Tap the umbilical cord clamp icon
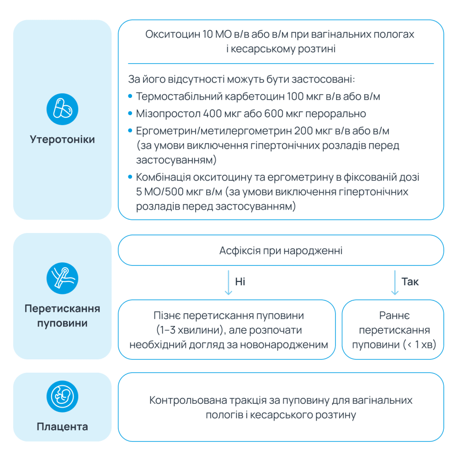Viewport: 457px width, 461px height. [63, 278]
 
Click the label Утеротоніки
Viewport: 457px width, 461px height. [63, 139]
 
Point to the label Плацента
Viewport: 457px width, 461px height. [63, 427]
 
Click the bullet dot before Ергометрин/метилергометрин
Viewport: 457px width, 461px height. [130, 131]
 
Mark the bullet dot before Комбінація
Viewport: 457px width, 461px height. [130, 177]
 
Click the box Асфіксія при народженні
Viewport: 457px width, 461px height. [281, 250]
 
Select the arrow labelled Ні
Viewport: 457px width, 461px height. [227, 282]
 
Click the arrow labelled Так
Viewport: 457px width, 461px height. [393, 282]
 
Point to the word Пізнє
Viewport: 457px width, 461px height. [167, 316]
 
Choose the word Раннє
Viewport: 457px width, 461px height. [394, 316]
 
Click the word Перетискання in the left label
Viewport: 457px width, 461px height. [63, 308]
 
